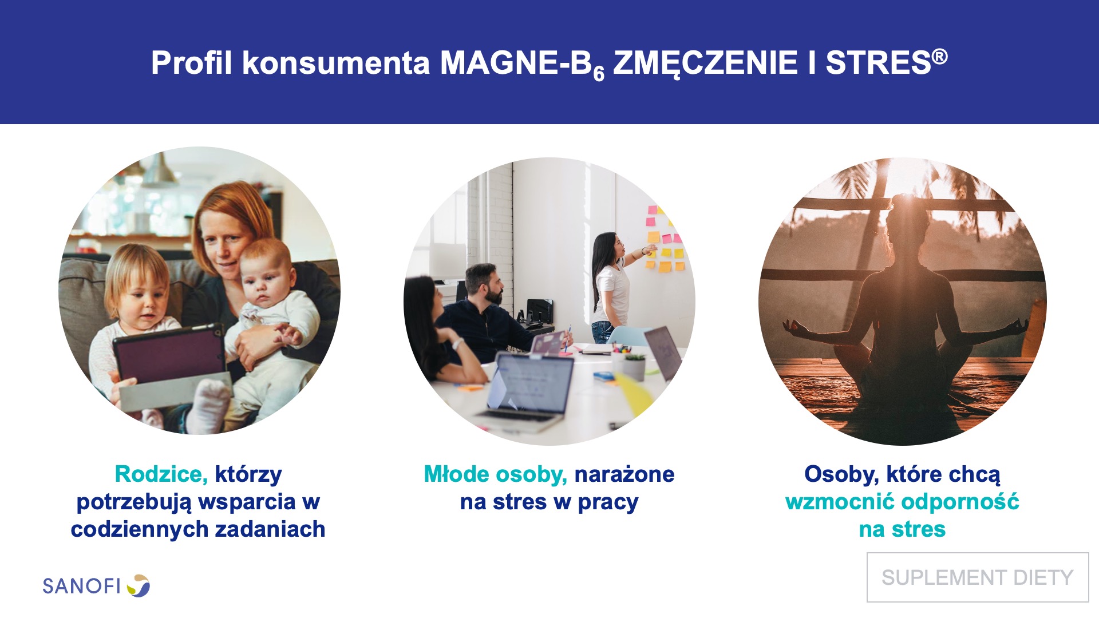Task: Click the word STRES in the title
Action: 878,63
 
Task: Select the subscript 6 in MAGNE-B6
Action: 599,74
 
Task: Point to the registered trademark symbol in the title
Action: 940,56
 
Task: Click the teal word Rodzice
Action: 161,474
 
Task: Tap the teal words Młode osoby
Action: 495,474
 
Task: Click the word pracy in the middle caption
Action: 608,502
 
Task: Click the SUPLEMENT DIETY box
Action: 978,577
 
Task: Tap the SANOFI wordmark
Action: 81,586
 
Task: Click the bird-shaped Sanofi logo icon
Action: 139,586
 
